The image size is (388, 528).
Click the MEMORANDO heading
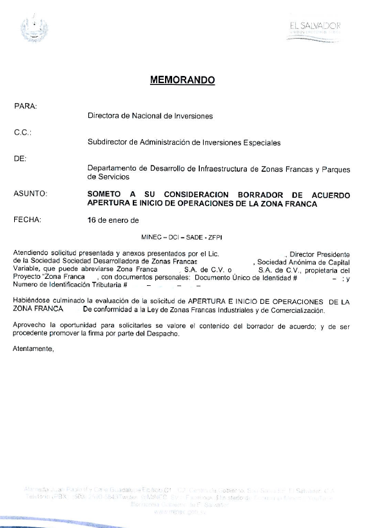[182, 80]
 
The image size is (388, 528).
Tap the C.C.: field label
[23, 133]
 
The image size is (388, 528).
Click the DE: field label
[20, 158]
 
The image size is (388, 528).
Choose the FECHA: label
[27, 220]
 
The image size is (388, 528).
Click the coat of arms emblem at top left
[34, 28]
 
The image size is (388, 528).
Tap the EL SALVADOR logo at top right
[315, 30]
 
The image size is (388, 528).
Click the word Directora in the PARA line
[104, 117]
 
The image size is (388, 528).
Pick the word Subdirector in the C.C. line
[108, 143]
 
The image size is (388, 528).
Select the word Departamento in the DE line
[113, 169]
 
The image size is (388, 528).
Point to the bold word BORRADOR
[262, 194]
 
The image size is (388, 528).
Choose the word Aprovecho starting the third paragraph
[32, 326]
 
